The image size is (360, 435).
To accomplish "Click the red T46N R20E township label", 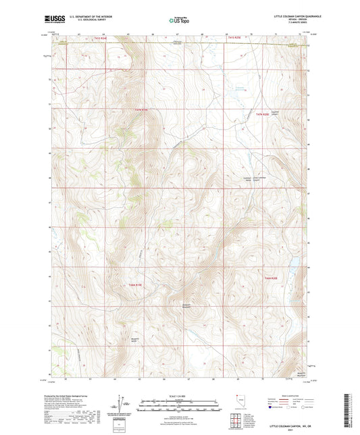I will coord(271,278).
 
